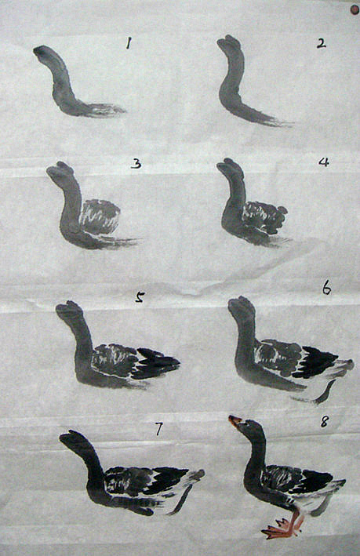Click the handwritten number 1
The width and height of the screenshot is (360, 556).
129,43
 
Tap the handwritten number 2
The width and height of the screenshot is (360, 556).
322,44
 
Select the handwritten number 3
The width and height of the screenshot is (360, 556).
136,163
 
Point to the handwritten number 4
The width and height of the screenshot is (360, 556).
324,162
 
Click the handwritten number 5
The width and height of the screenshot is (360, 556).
140,297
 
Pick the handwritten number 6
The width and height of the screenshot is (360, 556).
326,289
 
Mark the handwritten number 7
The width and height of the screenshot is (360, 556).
158,429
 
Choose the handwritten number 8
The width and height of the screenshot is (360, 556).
325,422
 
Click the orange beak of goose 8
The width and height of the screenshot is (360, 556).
235,420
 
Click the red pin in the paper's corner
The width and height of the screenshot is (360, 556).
355,10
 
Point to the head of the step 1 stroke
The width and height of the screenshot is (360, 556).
42,52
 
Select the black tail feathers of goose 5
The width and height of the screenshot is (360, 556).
156,363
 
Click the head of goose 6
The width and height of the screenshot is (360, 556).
242,306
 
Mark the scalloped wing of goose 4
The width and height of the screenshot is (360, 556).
265,217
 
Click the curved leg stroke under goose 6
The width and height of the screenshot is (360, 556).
325,393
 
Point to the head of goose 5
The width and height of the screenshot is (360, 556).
69,309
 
